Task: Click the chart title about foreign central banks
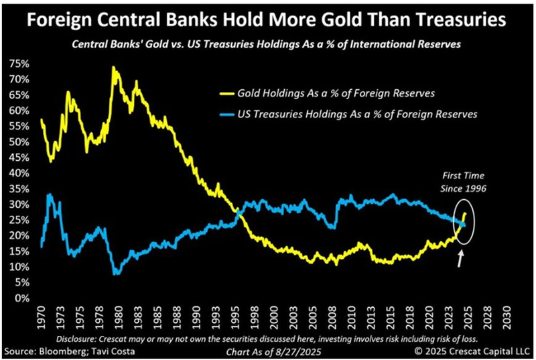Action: [x=268, y=20]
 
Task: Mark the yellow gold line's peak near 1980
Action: [x=113, y=67]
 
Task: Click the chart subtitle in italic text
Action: [x=268, y=45]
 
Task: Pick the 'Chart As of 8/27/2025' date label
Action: [x=268, y=351]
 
